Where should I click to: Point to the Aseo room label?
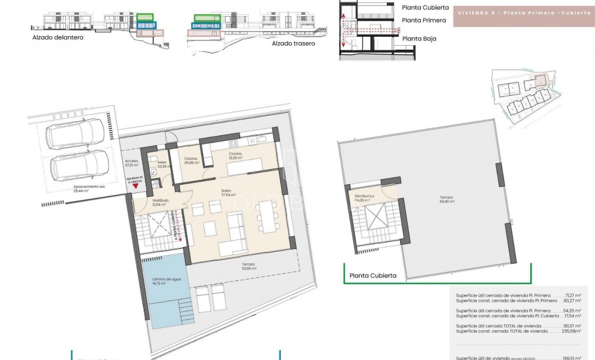[162, 164]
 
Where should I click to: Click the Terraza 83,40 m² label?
[446, 199]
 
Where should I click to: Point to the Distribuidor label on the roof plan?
[364, 198]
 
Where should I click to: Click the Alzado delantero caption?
[58, 37]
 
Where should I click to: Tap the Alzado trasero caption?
[293, 43]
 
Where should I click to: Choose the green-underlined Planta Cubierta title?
[373, 275]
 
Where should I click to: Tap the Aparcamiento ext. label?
[73, 190]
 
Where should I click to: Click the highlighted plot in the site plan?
[540, 80]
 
